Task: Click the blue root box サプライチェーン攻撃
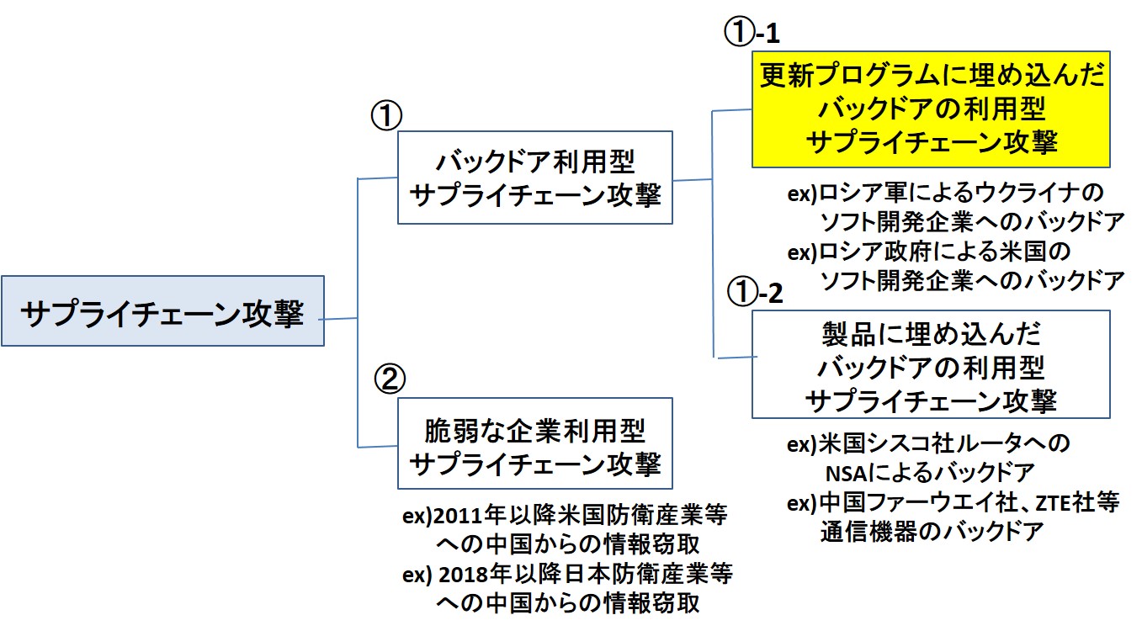162,311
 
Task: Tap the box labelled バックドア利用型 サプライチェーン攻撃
534,177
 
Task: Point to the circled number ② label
389,379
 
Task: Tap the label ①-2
754,293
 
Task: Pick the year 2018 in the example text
463,575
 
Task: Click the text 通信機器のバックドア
932,532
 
